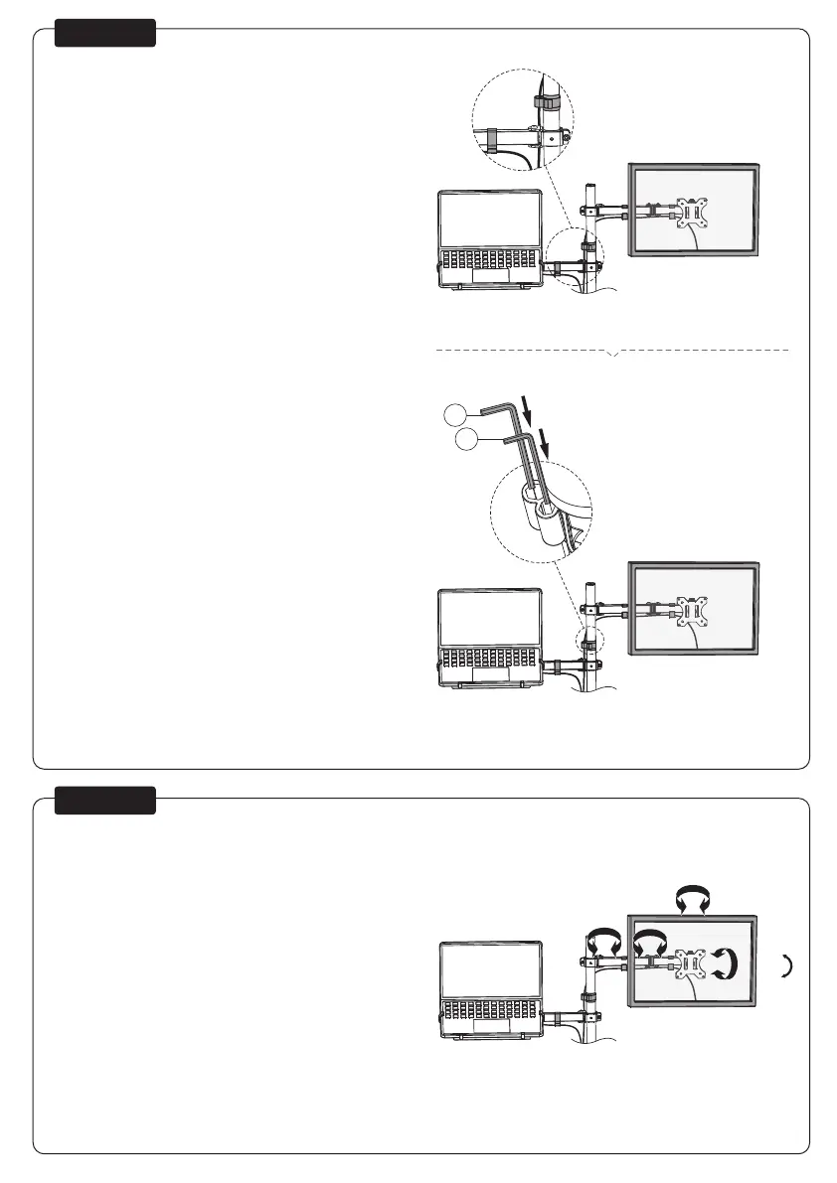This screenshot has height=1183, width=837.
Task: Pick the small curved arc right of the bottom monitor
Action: coord(786,964)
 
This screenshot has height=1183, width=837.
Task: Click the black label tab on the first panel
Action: coord(105,33)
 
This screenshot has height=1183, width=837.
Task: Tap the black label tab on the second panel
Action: coord(105,801)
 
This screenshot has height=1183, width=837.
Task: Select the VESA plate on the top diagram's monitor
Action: coord(692,214)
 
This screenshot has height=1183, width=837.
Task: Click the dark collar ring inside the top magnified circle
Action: coord(544,103)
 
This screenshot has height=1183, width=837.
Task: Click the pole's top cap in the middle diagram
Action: coord(589,587)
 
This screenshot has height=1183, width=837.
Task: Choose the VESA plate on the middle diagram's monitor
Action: coord(692,610)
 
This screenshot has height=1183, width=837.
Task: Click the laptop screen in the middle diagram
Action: coord(490,618)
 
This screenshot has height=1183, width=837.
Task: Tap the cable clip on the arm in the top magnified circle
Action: coord(491,139)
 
